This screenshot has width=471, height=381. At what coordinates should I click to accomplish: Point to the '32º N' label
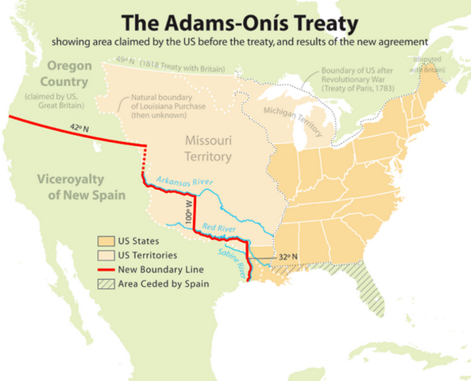pos(288,257)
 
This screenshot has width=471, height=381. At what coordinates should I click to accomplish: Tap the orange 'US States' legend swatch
pos(107,241)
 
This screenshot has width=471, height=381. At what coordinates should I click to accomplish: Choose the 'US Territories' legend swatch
pos(107,255)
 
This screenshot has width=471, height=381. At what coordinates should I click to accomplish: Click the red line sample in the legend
pos(107,269)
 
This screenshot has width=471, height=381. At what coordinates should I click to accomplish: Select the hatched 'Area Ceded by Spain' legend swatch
pos(107,283)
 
